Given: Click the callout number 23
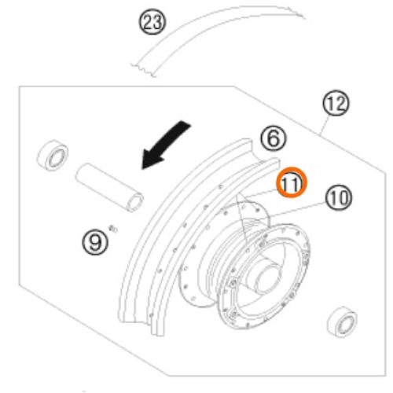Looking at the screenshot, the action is pyautogui.click(x=152, y=21).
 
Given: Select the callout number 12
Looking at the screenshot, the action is pyautogui.click(x=336, y=102).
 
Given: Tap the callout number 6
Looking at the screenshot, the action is pyautogui.click(x=274, y=138).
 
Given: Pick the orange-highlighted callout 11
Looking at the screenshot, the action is pyautogui.click(x=292, y=182).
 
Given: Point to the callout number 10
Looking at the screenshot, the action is pyautogui.click(x=339, y=197).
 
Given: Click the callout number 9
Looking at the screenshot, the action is pyautogui.click(x=95, y=242).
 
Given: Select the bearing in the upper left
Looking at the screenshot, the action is pyautogui.click(x=53, y=155).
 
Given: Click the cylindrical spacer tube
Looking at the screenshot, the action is pyautogui.click(x=109, y=187).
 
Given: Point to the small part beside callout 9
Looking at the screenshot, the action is pyautogui.click(x=114, y=229).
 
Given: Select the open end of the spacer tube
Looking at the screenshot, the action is pyautogui.click(x=135, y=203).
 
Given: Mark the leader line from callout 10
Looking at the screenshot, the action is pyautogui.click(x=298, y=210).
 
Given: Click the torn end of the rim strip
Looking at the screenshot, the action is pyautogui.click(x=143, y=70).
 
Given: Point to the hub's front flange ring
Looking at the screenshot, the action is pyautogui.click(x=263, y=275).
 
